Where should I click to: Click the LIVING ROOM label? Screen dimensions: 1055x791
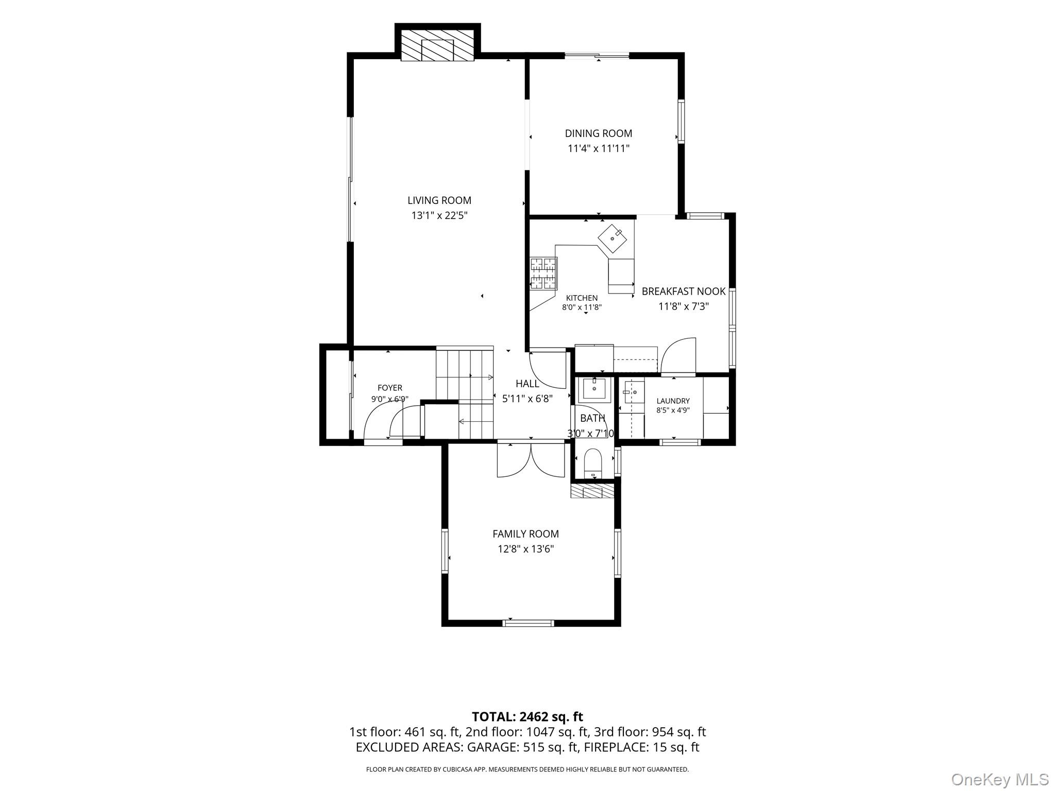click(x=439, y=200)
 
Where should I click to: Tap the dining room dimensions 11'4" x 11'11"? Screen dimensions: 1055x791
click(x=599, y=149)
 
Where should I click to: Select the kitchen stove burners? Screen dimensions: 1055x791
click(x=543, y=273)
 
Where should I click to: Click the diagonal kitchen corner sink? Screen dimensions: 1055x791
click(x=612, y=238)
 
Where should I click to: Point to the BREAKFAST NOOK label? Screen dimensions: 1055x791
click(x=684, y=291)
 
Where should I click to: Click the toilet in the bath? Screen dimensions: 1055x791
click(x=593, y=463)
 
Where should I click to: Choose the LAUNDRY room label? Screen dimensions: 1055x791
click(x=673, y=401)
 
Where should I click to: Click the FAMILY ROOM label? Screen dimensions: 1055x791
click(x=525, y=534)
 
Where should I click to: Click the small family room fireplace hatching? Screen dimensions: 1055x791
click(x=592, y=491)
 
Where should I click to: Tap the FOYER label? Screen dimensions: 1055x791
click(x=389, y=388)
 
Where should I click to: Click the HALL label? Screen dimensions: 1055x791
click(x=527, y=384)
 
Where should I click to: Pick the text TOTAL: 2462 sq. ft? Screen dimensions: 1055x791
click(x=527, y=717)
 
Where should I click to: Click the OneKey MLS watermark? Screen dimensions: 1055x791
click(x=1000, y=779)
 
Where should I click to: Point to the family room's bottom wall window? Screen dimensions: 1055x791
click(x=528, y=623)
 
